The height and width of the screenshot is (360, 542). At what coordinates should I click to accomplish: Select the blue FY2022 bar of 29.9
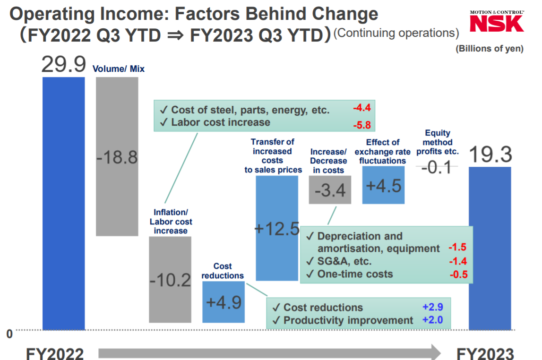click(64, 203)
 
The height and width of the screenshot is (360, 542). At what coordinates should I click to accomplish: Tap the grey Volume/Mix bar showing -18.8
click(117, 156)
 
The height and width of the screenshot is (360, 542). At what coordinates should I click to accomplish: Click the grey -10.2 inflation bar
click(170, 279)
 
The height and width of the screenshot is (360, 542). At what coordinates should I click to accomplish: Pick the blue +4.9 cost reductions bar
click(224, 302)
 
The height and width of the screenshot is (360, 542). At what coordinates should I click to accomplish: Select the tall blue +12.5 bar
click(277, 228)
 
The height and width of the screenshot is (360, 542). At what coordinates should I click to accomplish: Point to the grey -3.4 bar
click(330, 190)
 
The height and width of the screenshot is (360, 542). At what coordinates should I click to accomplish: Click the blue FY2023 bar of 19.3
click(490, 248)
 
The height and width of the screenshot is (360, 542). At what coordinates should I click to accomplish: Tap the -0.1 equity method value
click(437, 167)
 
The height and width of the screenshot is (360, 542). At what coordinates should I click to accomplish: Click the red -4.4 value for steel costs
click(362, 108)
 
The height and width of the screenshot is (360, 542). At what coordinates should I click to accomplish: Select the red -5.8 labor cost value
click(362, 125)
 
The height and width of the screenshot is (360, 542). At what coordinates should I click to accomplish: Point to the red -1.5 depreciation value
click(458, 248)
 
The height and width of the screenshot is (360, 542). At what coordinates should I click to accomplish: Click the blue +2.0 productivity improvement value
click(432, 320)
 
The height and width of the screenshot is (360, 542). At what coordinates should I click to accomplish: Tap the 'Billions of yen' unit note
click(489, 49)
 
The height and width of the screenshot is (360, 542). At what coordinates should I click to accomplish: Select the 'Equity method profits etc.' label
click(437, 142)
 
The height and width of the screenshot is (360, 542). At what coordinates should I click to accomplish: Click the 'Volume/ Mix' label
click(119, 69)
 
